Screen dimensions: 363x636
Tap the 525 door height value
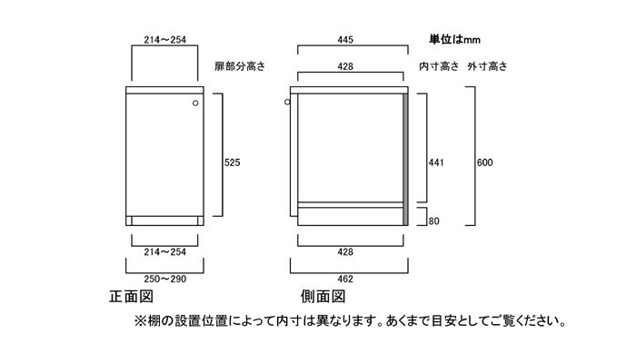coord(234,162)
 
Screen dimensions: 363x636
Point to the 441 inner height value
coord(437,162)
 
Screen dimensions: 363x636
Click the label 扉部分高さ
coord(239,67)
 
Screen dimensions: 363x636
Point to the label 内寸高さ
coord(439,67)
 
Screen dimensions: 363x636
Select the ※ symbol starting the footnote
coord(141,321)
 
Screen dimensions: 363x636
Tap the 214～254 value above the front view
coord(165,39)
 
